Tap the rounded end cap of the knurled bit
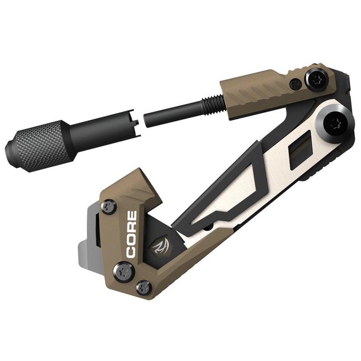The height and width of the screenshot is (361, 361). pyautogui.click(x=11, y=151)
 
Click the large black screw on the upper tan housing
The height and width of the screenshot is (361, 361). pyautogui.click(x=318, y=79)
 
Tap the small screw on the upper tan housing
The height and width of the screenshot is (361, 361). pyautogui.click(x=296, y=82)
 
